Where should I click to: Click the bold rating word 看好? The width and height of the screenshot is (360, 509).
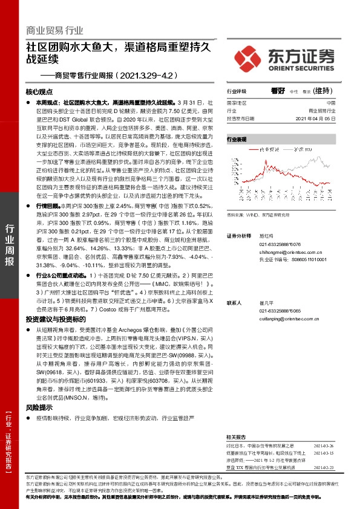point(278,90)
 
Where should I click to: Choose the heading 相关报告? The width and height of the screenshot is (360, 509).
point(236,436)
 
